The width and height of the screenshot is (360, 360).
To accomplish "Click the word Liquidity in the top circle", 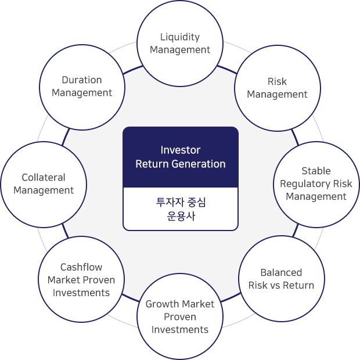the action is pyautogui.click(x=180, y=37).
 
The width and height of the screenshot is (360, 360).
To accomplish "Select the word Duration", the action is pyautogui.click(x=82, y=80).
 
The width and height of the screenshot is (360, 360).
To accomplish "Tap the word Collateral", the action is pyautogui.click(x=44, y=178).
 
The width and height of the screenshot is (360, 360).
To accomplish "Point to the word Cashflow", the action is pyautogui.click(x=81, y=267).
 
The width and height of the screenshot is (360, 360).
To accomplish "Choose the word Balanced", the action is pyautogui.click(x=281, y=272).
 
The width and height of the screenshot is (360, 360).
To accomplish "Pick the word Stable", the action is pyautogui.click(x=316, y=171).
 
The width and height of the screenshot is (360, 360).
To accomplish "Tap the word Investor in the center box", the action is pyautogui.click(x=181, y=150).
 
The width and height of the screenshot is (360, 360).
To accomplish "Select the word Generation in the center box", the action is pyautogui.click(x=199, y=164).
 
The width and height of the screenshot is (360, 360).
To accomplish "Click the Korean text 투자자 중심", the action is pyautogui.click(x=181, y=202).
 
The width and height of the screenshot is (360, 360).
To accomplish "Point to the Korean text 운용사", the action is pyautogui.click(x=181, y=216).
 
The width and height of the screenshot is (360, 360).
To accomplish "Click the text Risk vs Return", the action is pyautogui.click(x=281, y=285).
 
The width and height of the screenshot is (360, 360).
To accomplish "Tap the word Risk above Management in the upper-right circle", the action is pyautogui.click(x=277, y=81).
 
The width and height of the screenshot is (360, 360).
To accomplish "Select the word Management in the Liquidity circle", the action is pyautogui.click(x=180, y=50).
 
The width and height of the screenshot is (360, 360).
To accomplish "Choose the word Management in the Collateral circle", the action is pyautogui.click(x=44, y=190).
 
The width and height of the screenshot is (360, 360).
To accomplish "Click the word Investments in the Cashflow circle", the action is pyautogui.click(x=81, y=293).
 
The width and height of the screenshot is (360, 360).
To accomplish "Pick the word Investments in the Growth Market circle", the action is pyautogui.click(x=180, y=330).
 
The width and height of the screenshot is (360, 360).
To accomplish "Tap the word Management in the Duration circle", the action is pyautogui.click(x=82, y=93).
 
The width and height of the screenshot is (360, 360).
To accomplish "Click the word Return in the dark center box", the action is pyautogui.click(x=152, y=164).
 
